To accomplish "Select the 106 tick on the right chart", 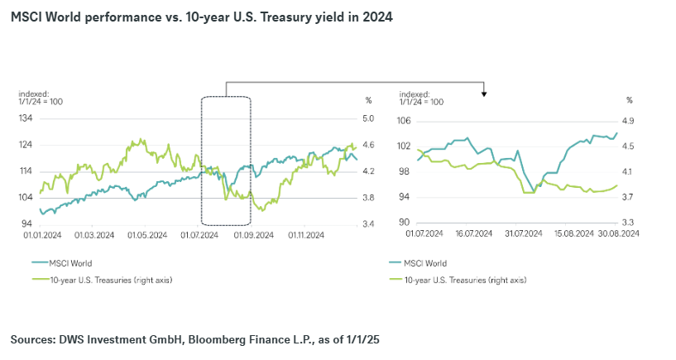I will pyautogui.click(x=405, y=121).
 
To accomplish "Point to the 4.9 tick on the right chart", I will pyautogui.click(x=628, y=121).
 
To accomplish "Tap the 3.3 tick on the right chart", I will pyautogui.click(x=628, y=222).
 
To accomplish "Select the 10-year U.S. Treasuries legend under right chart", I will pyautogui.click(x=464, y=280).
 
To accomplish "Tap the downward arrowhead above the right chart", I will pyautogui.click(x=484, y=94).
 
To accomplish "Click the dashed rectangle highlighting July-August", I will pyautogui.click(x=226, y=160).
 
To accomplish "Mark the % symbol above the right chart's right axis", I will pyautogui.click(x=629, y=100).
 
